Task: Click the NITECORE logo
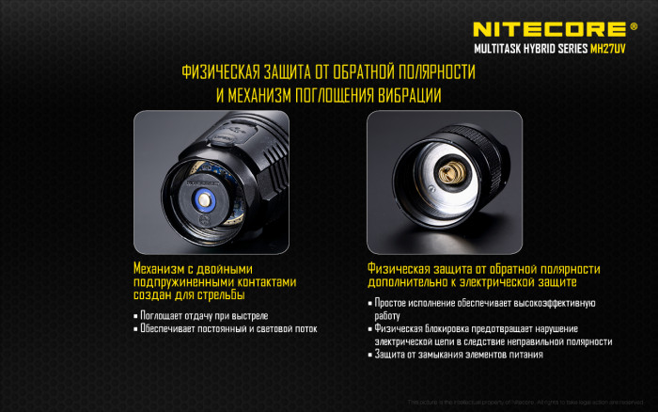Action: coord(548,29)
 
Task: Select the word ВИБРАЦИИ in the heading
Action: coord(401,96)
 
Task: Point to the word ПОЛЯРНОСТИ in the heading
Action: coord(431,72)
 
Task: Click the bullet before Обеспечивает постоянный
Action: coord(136,329)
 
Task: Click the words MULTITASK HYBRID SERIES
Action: coord(530,48)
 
